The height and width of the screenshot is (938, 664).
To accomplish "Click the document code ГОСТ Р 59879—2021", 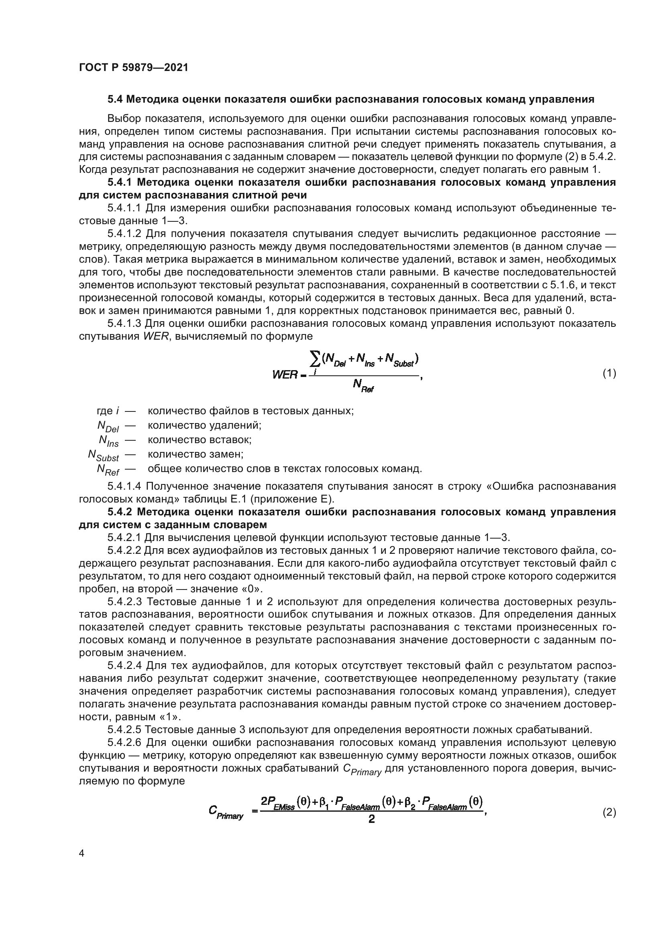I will click(134, 68).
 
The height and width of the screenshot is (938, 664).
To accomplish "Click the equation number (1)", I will click(609, 373).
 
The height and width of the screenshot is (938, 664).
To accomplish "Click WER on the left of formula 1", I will click(285, 374).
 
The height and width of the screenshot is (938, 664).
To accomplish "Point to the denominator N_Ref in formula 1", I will click(363, 385).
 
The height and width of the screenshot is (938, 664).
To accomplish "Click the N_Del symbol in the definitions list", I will click(108, 426).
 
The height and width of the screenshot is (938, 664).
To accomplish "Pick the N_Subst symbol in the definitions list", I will click(103, 455).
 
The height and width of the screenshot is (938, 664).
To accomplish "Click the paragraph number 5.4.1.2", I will click(124, 234).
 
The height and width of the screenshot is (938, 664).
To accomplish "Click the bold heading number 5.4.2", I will click(120, 512).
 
